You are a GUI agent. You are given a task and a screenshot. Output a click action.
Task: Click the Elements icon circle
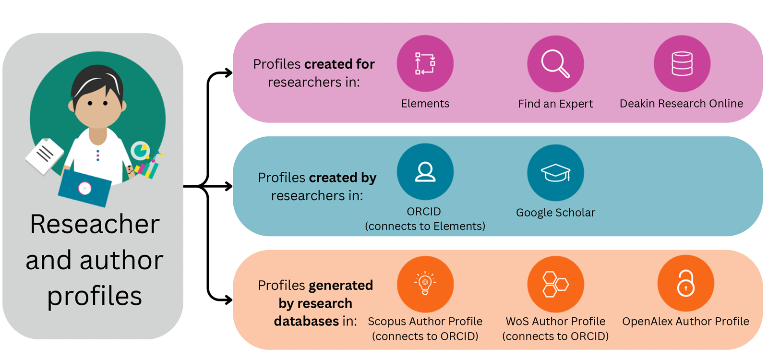pos(425,63)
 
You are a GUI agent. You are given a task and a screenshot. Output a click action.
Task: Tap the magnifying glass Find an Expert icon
pos(555,63)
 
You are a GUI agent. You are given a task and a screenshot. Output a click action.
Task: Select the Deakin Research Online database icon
pos(682,63)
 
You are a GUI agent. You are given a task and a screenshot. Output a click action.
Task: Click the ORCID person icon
pos(425,172)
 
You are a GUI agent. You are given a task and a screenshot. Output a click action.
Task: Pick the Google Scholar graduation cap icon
pos(555,172)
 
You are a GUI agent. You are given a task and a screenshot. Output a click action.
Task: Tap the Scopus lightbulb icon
pos(425,284)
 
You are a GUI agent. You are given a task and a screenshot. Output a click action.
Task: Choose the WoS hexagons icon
pos(555,284)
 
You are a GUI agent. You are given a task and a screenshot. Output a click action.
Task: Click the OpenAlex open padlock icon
pos(685,283)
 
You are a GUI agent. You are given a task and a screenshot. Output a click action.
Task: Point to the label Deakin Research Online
pos(681,103)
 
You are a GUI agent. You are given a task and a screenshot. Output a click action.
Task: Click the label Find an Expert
pos(555,104)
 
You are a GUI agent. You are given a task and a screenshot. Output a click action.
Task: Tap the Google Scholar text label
pos(555,212)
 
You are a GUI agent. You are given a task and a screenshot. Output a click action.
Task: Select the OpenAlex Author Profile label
pos(685,321)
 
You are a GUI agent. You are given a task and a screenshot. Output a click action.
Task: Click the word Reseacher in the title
pos(95,224)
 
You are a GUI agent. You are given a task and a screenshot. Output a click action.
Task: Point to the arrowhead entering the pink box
pos(228,73)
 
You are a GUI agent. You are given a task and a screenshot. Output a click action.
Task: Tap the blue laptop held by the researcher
pos(84,188)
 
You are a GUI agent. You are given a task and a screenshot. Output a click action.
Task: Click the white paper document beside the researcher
pos(44,156)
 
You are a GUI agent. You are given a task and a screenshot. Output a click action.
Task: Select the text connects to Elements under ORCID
pos(425,226)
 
